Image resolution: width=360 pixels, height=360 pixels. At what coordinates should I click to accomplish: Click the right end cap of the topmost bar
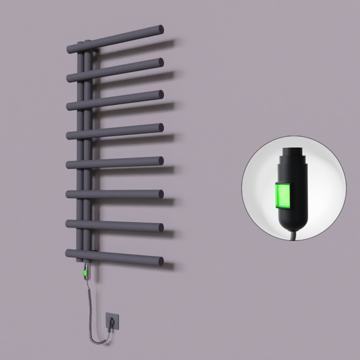160,30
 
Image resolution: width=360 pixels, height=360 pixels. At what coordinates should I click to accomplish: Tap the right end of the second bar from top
160,62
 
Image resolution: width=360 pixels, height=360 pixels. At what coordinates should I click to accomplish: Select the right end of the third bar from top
160,94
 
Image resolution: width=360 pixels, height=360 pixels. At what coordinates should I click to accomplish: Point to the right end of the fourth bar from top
160,127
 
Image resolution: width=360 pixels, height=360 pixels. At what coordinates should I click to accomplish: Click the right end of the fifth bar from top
160,160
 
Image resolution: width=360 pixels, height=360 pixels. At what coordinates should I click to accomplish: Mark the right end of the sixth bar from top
160,193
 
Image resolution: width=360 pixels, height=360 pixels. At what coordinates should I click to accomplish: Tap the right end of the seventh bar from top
160,227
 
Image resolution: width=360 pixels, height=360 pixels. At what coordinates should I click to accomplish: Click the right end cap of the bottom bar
160,261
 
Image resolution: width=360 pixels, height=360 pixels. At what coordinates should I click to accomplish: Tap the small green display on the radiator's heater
85,272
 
